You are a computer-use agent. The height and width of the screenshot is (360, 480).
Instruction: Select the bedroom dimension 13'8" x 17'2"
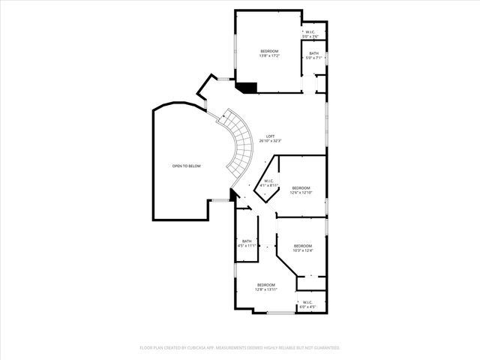click(x=269, y=55)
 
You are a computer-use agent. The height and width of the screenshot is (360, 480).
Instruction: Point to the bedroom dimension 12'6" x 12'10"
click(x=301, y=192)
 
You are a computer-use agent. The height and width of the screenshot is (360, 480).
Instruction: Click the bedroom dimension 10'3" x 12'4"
click(x=302, y=250)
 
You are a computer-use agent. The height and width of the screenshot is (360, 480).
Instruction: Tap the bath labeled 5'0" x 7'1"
click(x=313, y=58)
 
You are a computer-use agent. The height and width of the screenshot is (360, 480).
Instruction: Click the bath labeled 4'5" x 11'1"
click(x=247, y=245)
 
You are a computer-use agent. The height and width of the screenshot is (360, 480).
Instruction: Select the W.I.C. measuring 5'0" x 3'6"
click(x=310, y=36)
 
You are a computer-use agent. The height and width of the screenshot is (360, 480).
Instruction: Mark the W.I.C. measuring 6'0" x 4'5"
click(x=307, y=306)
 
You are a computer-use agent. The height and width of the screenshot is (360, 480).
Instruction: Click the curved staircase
click(x=240, y=146)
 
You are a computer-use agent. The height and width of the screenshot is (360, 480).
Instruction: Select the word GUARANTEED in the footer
click(x=327, y=348)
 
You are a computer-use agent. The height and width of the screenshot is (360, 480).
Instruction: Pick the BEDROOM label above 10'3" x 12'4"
click(x=302, y=246)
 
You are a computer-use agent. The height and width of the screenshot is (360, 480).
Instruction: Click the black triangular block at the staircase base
click(x=234, y=195)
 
